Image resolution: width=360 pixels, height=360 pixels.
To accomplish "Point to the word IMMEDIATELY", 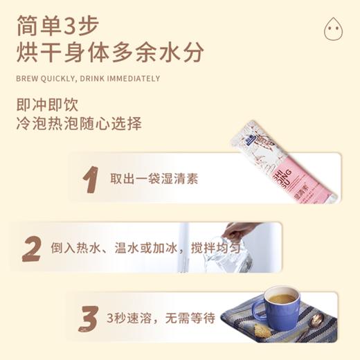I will pos(132,79).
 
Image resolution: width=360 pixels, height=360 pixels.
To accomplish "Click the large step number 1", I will pos(89,178).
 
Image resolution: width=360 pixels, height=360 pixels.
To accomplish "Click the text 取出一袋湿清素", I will pos(154,179).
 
